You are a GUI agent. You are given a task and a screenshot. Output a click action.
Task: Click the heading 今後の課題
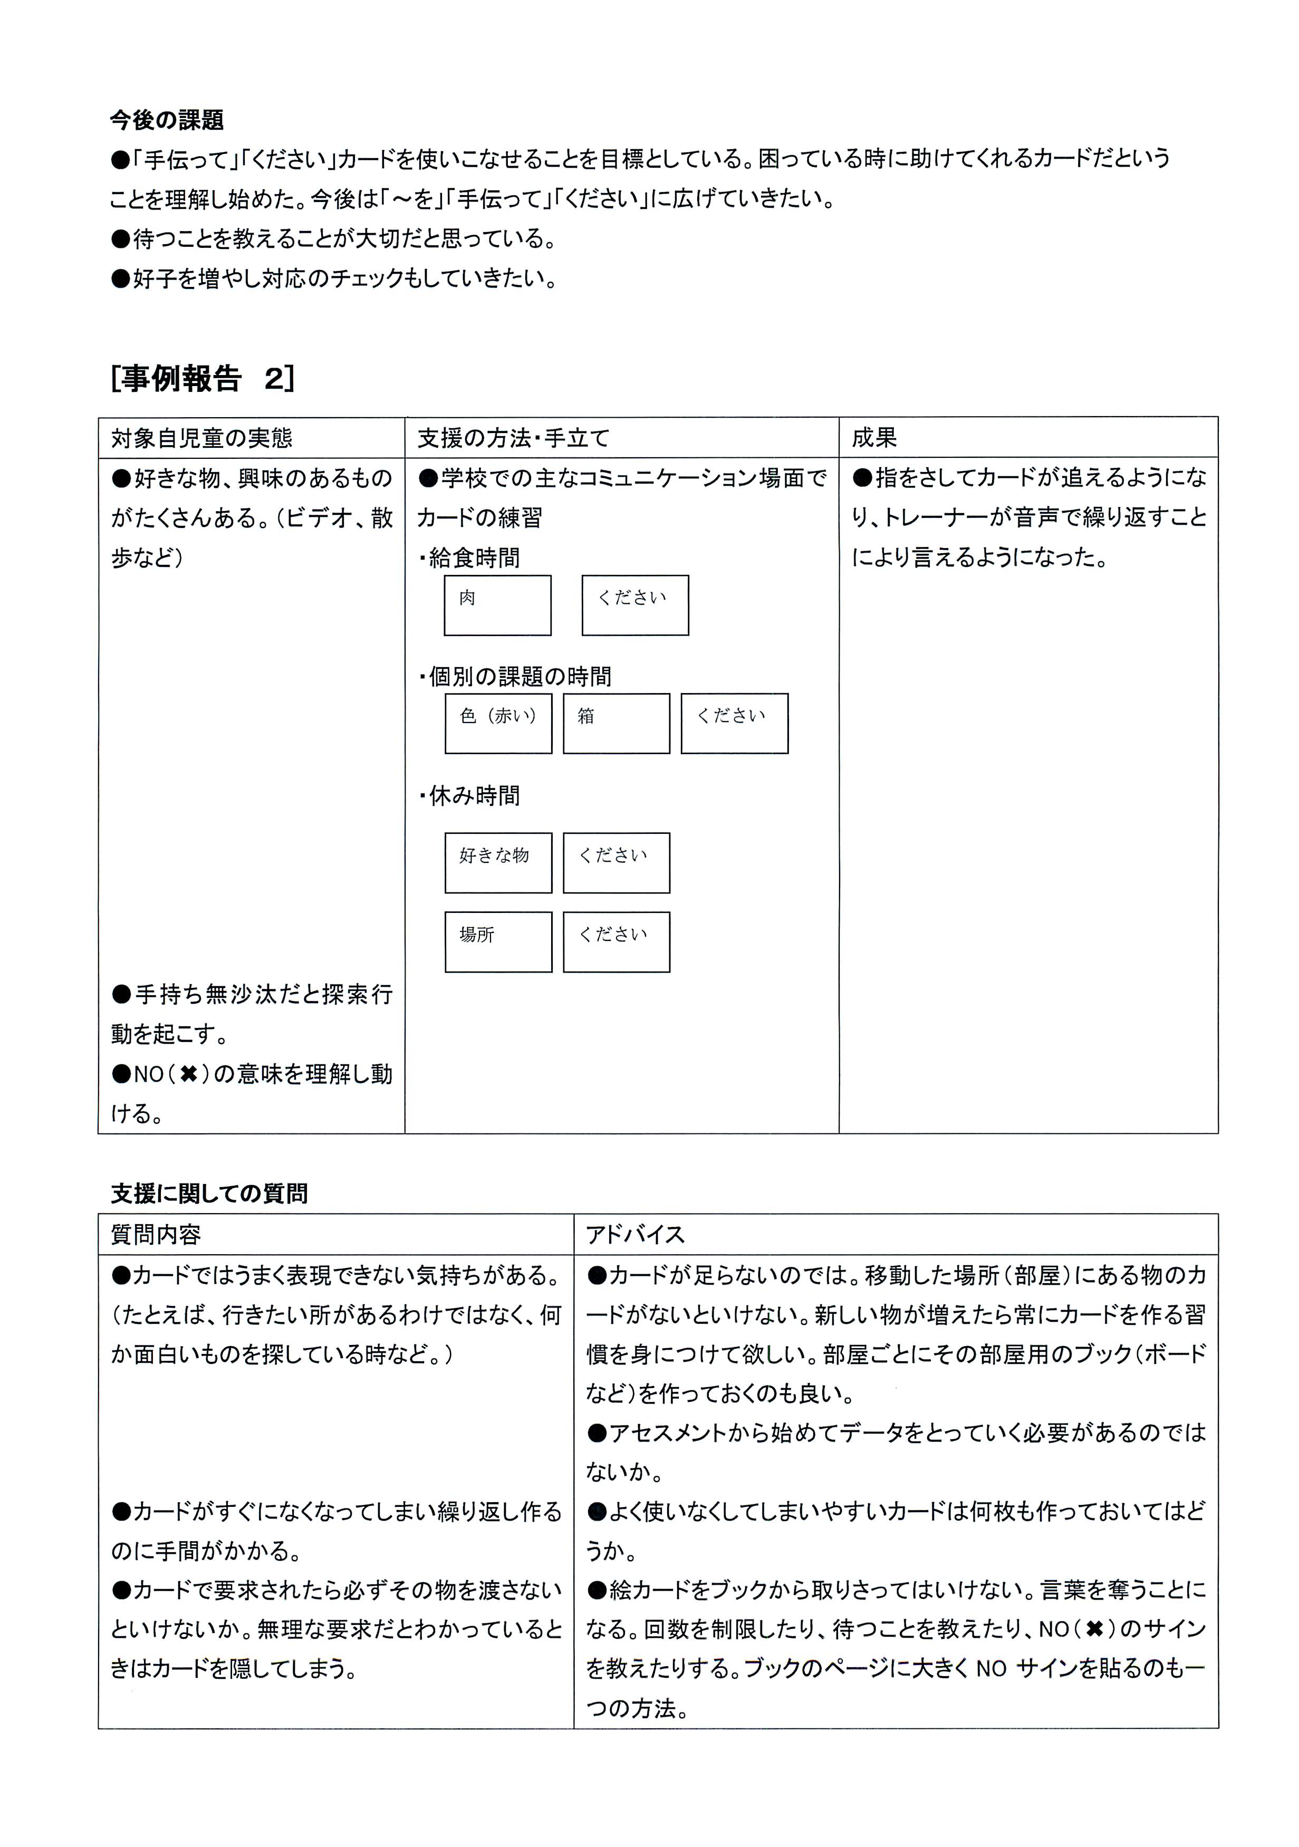click(167, 120)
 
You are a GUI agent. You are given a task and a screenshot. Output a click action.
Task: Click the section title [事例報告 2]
click(203, 378)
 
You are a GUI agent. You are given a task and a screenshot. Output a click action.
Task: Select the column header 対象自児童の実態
click(201, 438)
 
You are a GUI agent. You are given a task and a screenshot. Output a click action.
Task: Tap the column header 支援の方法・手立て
click(513, 438)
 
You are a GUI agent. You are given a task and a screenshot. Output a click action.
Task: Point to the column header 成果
click(874, 438)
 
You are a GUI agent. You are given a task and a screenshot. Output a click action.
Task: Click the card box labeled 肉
click(497, 605)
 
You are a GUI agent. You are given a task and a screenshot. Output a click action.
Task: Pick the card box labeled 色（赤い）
click(498, 723)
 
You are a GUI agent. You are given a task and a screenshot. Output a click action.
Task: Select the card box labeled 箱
click(616, 723)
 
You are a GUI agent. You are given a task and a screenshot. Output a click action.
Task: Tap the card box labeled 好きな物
click(498, 862)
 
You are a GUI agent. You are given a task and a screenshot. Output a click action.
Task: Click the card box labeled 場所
click(498, 941)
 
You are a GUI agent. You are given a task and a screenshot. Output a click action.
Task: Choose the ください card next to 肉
click(634, 605)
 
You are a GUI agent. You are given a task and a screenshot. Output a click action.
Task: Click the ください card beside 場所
click(616, 941)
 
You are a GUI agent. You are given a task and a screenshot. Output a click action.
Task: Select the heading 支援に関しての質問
click(209, 1194)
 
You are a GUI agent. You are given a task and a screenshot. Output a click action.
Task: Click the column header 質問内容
click(156, 1235)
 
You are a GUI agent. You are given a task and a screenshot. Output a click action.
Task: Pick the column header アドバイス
click(636, 1235)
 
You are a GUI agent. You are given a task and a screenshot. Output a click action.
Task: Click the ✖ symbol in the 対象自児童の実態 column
click(189, 1075)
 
